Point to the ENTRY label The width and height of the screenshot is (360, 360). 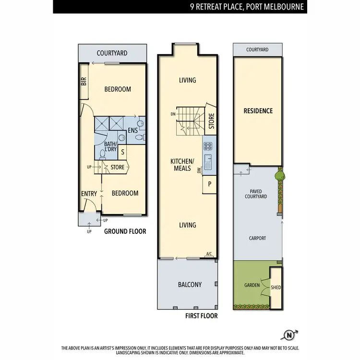(89, 193)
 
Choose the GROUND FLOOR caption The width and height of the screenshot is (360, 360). (125, 231)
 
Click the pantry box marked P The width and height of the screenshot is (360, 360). (209, 184)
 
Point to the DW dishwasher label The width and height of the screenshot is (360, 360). (200, 170)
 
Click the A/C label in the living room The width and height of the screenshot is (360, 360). (209, 254)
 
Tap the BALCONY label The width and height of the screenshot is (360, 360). (190, 285)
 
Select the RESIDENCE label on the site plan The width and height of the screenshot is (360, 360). (258, 111)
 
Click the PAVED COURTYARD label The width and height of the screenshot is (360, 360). (256, 194)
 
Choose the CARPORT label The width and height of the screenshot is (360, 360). (257, 238)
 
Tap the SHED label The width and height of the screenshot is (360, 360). (276, 288)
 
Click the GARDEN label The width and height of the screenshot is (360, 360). (252, 285)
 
